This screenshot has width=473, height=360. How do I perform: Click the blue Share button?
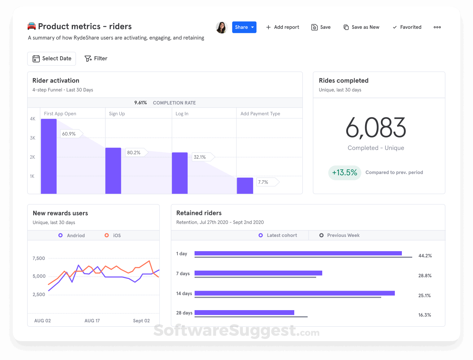pos(244,27)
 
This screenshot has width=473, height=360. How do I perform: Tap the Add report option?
pos(282,27)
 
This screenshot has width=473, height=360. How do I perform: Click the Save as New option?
pos(361,27)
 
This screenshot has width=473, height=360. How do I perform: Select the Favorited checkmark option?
pos(407,27)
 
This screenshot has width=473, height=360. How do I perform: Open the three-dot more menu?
pos(437,27)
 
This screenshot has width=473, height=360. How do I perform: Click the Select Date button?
pos(52,58)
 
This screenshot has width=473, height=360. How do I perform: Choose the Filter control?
pos(96,58)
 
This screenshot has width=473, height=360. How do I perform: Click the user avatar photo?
pos(222,27)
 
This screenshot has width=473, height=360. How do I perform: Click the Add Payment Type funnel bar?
pos(245,185)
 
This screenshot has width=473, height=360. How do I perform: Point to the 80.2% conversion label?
pos(134,153)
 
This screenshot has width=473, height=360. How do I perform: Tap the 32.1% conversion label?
pos(200,157)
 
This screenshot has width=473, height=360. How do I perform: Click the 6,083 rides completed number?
pos(376,128)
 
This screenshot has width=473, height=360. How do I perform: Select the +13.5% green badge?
pos(345,173)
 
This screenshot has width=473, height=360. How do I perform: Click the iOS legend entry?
pos(113,235)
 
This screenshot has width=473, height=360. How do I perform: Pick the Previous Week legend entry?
pos(340,235)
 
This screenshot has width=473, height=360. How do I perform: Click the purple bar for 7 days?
pos(258,273)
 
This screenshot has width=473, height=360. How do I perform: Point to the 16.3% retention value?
pos(424,315)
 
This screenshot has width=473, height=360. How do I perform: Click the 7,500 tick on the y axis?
pos(39,258)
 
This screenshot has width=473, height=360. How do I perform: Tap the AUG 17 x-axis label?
pos(92,321)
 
